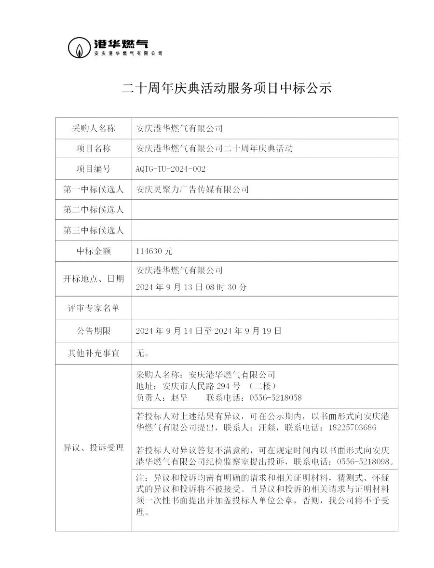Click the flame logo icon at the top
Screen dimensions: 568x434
[78, 48]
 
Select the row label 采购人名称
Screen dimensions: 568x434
[94, 128]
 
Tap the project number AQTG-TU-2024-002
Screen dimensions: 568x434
[171, 169]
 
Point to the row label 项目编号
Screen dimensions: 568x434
[94, 169]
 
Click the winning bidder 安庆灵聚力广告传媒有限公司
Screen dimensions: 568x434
[193, 189]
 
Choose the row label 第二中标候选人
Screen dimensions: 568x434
[94, 210]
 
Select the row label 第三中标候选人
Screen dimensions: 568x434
[94, 230]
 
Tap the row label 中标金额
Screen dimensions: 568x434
[94, 251]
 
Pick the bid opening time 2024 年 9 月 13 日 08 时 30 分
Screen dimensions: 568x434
[192, 287]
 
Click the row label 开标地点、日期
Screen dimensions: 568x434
[94, 279]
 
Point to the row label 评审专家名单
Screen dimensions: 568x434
[94, 308]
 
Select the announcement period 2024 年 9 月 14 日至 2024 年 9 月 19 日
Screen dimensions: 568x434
[209, 331]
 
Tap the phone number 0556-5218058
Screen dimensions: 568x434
[275, 398]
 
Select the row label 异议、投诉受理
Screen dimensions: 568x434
[94, 448]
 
